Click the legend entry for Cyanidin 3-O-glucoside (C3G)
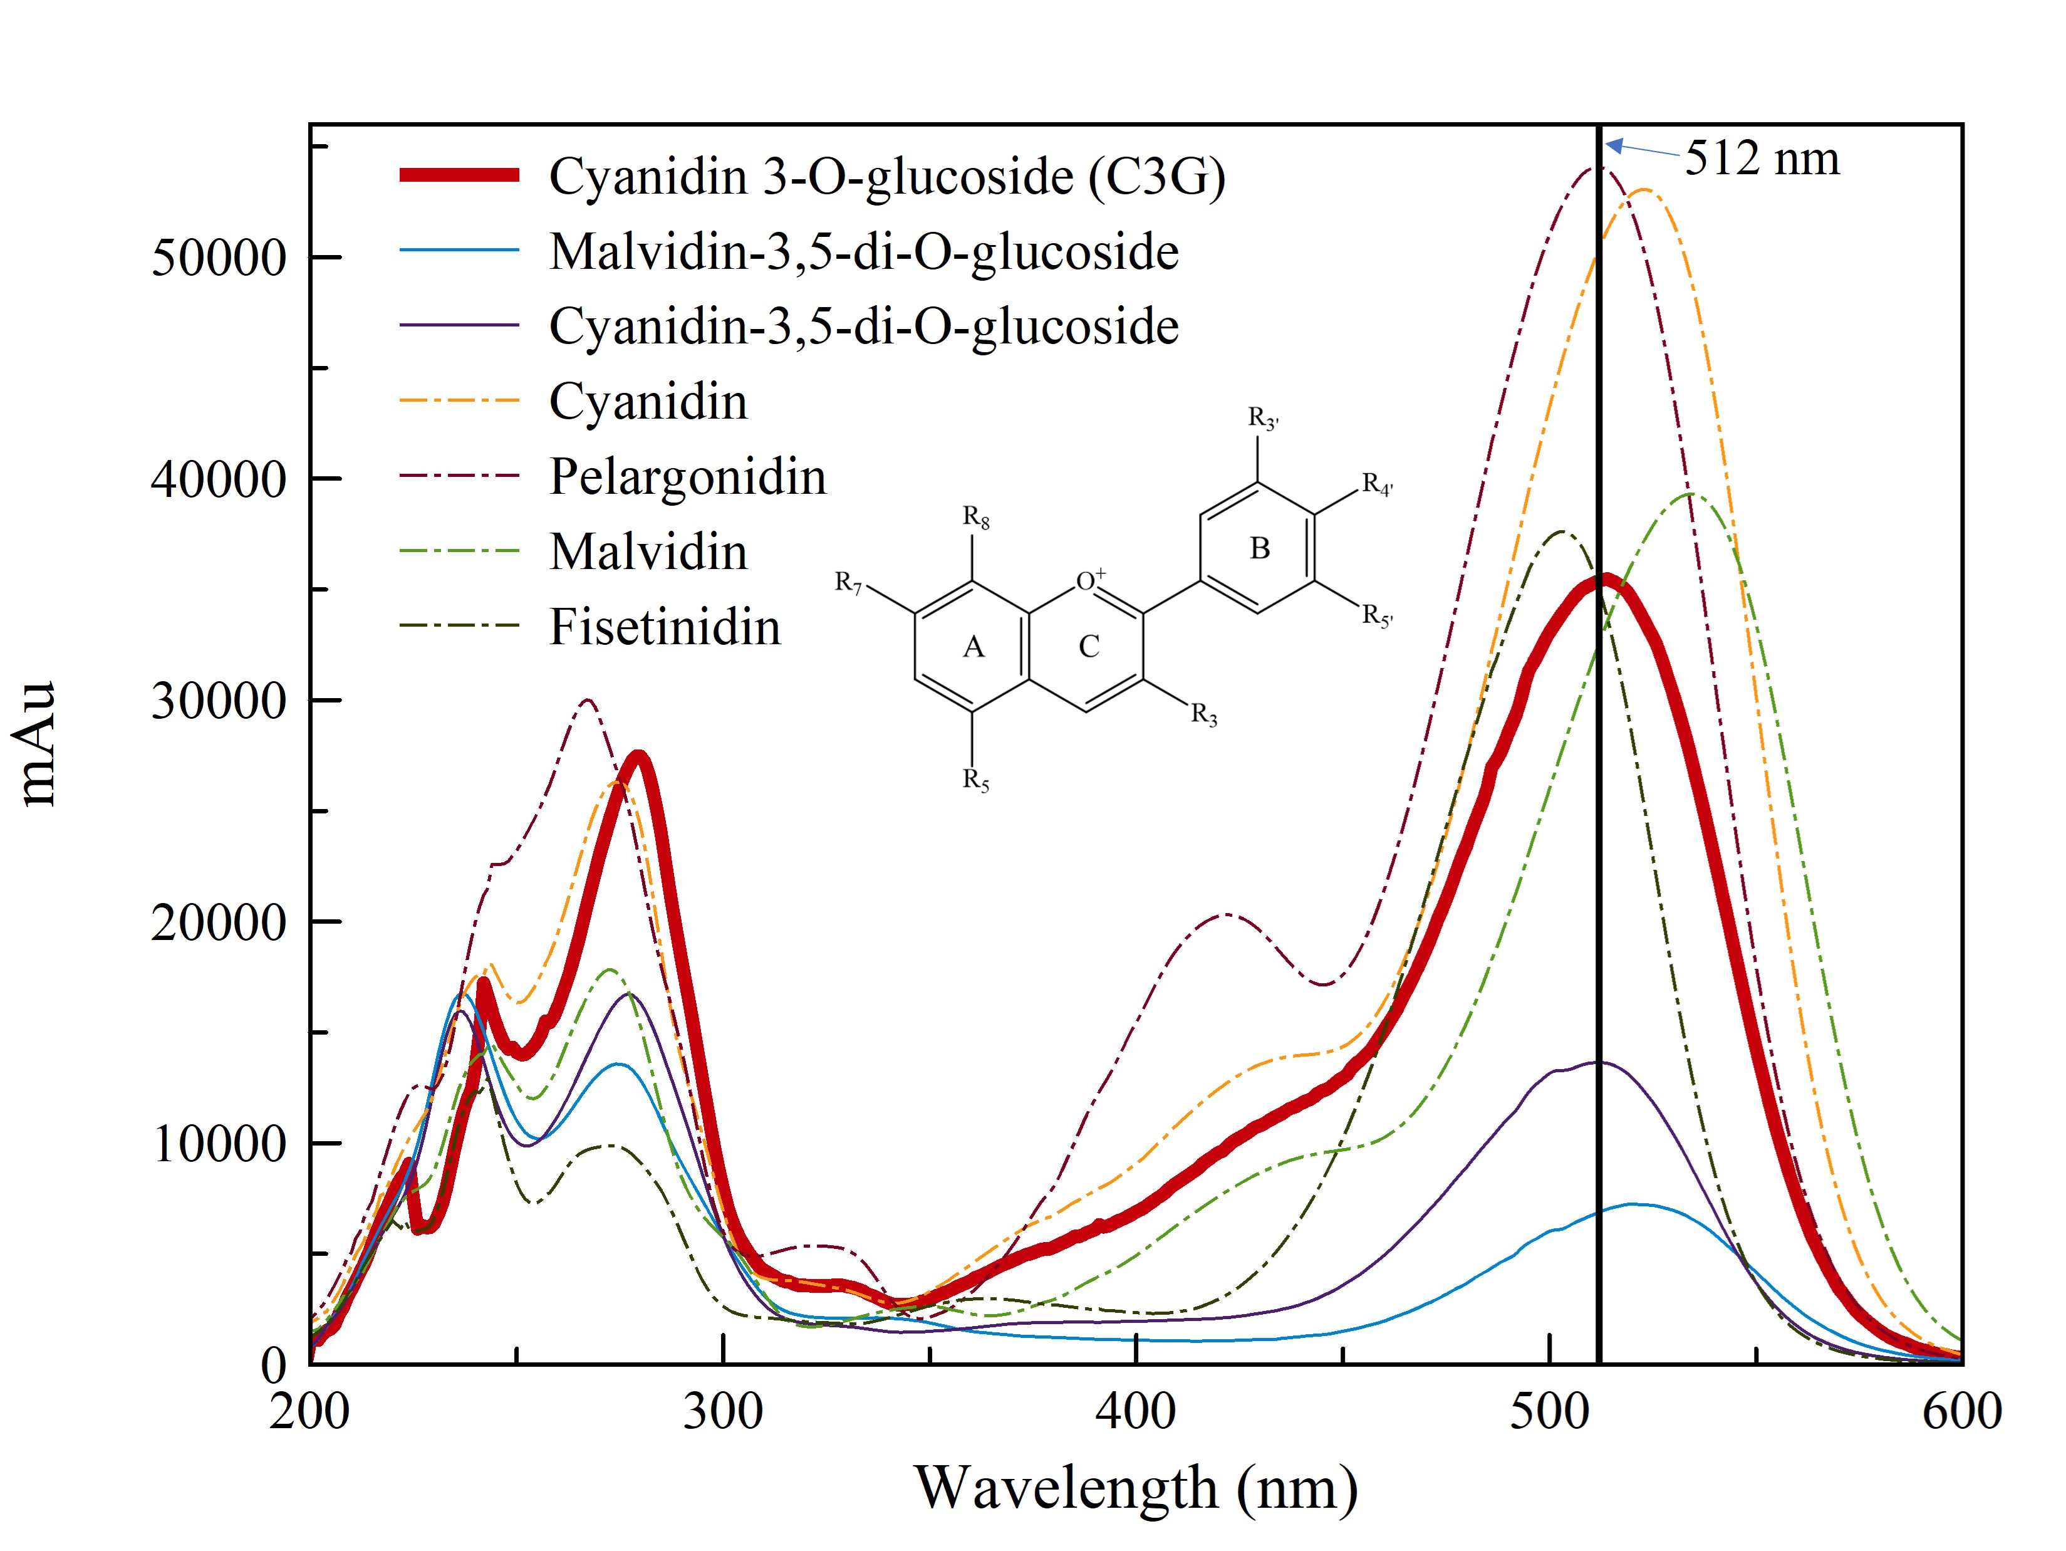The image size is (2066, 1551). tap(886, 177)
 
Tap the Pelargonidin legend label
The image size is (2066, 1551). tap(687, 476)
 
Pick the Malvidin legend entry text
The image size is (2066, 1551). tap(648, 552)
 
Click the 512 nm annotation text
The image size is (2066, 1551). tap(1762, 158)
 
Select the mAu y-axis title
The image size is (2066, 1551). tap(39, 743)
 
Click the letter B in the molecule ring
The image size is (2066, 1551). tap(1259, 548)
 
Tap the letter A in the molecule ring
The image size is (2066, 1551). tap(973, 647)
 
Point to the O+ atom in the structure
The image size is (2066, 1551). tap(1089, 580)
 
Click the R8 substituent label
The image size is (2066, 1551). tap(976, 517)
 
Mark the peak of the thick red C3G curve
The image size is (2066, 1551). tap(1604, 581)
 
